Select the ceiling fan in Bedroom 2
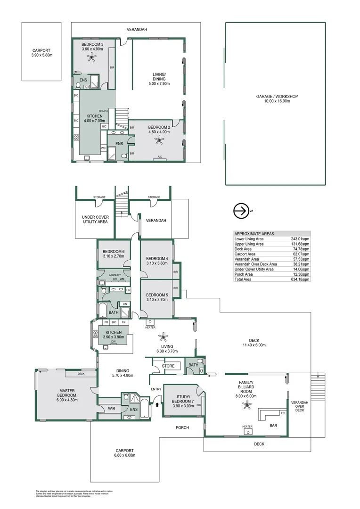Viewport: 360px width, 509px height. click(x=161, y=139)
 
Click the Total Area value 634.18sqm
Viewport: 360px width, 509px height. click(x=300, y=279)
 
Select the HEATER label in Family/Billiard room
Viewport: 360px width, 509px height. click(x=247, y=426)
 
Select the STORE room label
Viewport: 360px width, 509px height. click(x=168, y=366)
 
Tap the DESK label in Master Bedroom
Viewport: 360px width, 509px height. click(x=82, y=374)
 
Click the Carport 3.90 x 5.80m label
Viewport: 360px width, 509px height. click(x=41, y=52)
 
